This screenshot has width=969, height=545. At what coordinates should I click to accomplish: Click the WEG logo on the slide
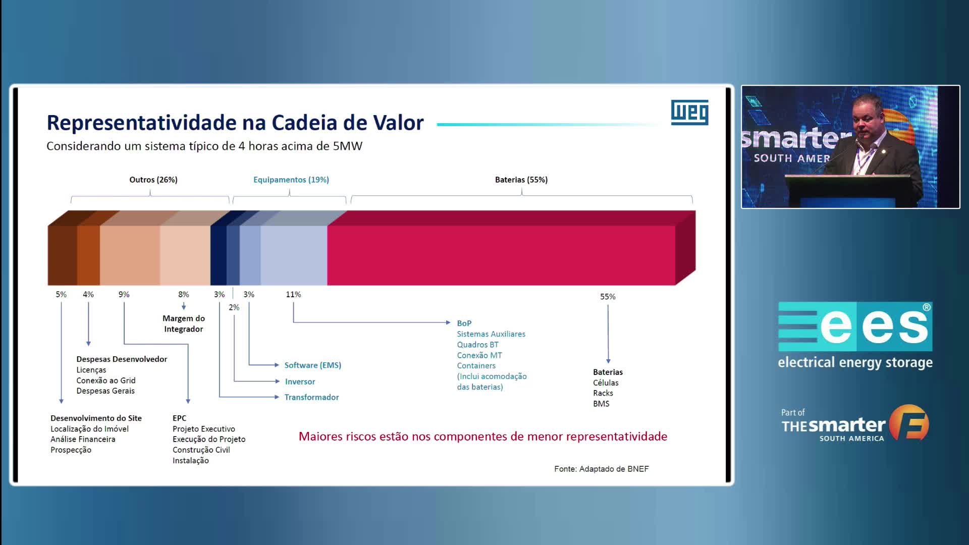[x=689, y=112]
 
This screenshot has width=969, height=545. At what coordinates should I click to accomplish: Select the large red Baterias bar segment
[x=501, y=255]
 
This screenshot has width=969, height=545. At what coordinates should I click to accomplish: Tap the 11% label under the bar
[x=293, y=294]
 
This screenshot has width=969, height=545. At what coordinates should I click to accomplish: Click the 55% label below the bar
[x=608, y=297]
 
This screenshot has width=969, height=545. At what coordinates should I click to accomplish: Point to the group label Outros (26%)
[x=153, y=180]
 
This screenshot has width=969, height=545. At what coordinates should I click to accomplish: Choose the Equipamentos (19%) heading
[x=291, y=180]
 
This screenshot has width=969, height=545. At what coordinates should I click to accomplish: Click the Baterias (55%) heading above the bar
[x=521, y=180]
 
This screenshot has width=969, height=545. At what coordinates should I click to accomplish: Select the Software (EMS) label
[x=313, y=365]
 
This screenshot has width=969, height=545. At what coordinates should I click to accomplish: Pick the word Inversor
[x=300, y=381]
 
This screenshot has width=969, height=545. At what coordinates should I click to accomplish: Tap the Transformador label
[x=311, y=397]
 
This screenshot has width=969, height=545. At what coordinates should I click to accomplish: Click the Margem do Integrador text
[x=184, y=323]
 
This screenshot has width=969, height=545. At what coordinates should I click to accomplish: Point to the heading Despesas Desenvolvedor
[x=122, y=359]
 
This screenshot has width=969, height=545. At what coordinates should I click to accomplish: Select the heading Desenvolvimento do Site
[x=96, y=418]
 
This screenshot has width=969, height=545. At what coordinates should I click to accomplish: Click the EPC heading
[x=179, y=418]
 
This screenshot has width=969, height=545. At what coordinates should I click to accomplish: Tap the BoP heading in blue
[x=464, y=323]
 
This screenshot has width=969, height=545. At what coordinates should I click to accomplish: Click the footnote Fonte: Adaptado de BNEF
[x=602, y=469]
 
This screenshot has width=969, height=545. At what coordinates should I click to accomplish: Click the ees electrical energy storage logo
[x=855, y=336]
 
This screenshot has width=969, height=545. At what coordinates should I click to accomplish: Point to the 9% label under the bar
[x=124, y=294]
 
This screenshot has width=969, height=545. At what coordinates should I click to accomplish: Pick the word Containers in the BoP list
[x=476, y=366]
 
